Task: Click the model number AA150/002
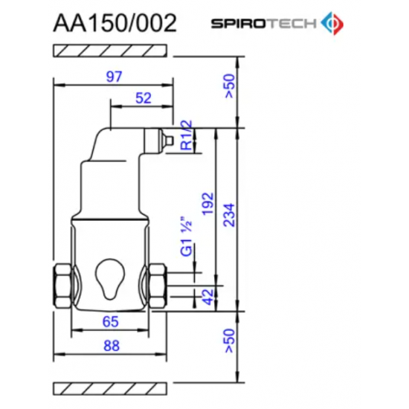[x=115, y=22]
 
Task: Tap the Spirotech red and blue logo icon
[x=332, y=23]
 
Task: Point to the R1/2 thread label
[x=187, y=135]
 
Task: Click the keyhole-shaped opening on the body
[x=109, y=278]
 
